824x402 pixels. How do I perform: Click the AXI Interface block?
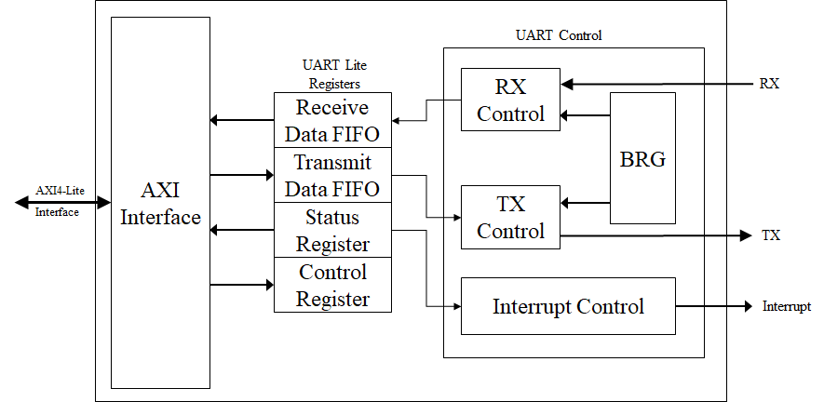click(x=160, y=203)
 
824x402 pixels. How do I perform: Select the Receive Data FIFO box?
click(x=332, y=120)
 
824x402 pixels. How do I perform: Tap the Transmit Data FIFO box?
click(x=332, y=175)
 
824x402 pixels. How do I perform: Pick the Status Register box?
click(x=332, y=230)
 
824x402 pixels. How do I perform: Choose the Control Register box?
click(x=332, y=285)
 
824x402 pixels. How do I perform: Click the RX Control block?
click(x=510, y=100)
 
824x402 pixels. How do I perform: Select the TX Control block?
click(x=510, y=217)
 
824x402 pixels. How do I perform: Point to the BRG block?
click(x=642, y=158)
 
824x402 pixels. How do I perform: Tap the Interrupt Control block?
click(x=568, y=306)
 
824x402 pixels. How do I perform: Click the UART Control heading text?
click(x=559, y=35)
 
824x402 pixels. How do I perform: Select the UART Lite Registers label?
click(x=332, y=74)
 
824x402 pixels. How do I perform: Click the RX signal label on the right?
click(x=769, y=84)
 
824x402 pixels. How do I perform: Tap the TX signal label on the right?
click(x=771, y=235)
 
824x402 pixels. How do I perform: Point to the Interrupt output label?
click(x=787, y=306)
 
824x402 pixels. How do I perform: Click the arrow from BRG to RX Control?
click(x=586, y=115)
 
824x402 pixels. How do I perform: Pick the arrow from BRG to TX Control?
click(x=586, y=203)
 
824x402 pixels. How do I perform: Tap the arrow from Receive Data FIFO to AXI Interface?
click(x=241, y=120)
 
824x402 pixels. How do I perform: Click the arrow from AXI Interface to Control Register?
click(x=241, y=285)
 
